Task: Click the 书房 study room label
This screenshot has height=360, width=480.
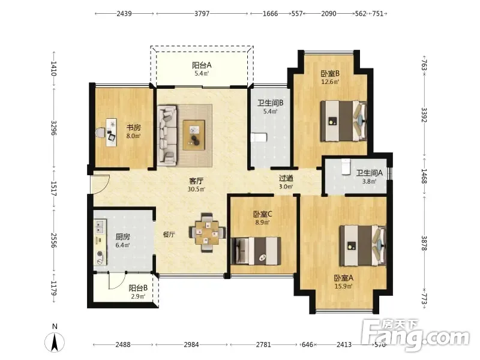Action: coord(134,127)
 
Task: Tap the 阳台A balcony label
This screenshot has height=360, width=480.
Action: coord(202,65)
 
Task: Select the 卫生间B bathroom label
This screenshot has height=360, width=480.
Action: coord(271,103)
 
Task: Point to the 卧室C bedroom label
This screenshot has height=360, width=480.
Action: coord(263,214)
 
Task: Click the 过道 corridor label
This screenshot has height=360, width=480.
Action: coord(286,178)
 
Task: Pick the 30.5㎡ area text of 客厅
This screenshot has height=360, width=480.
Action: coord(196,189)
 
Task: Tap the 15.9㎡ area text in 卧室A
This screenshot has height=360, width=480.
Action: coord(343,287)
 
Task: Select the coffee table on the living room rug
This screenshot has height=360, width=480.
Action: coord(194,135)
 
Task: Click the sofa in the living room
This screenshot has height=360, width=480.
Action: coord(167,136)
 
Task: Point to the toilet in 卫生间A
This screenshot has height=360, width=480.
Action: coord(346,167)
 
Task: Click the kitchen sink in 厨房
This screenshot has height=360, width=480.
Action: coord(100,227)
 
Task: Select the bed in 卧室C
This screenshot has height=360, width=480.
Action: coord(256,251)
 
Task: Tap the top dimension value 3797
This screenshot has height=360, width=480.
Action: coord(202,14)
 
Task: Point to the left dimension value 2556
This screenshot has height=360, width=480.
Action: coord(54,241)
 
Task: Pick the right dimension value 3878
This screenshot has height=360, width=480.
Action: coord(424,243)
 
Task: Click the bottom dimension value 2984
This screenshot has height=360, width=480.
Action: coord(191,344)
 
